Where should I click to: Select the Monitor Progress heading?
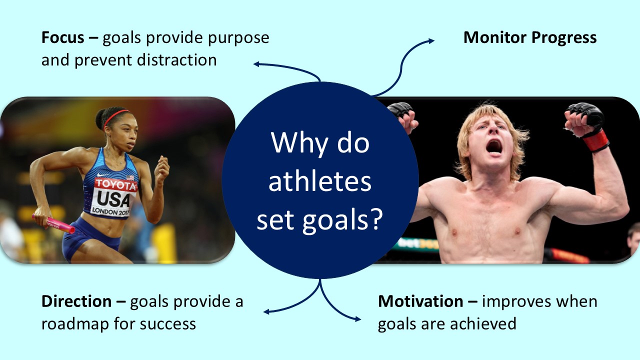click(x=530, y=38)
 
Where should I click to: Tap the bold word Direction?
click(x=76, y=302)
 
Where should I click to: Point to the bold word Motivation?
click(x=420, y=302)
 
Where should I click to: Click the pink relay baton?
click(x=54, y=223)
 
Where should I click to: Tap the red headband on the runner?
click(x=116, y=117)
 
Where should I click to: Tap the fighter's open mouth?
click(x=493, y=146)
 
